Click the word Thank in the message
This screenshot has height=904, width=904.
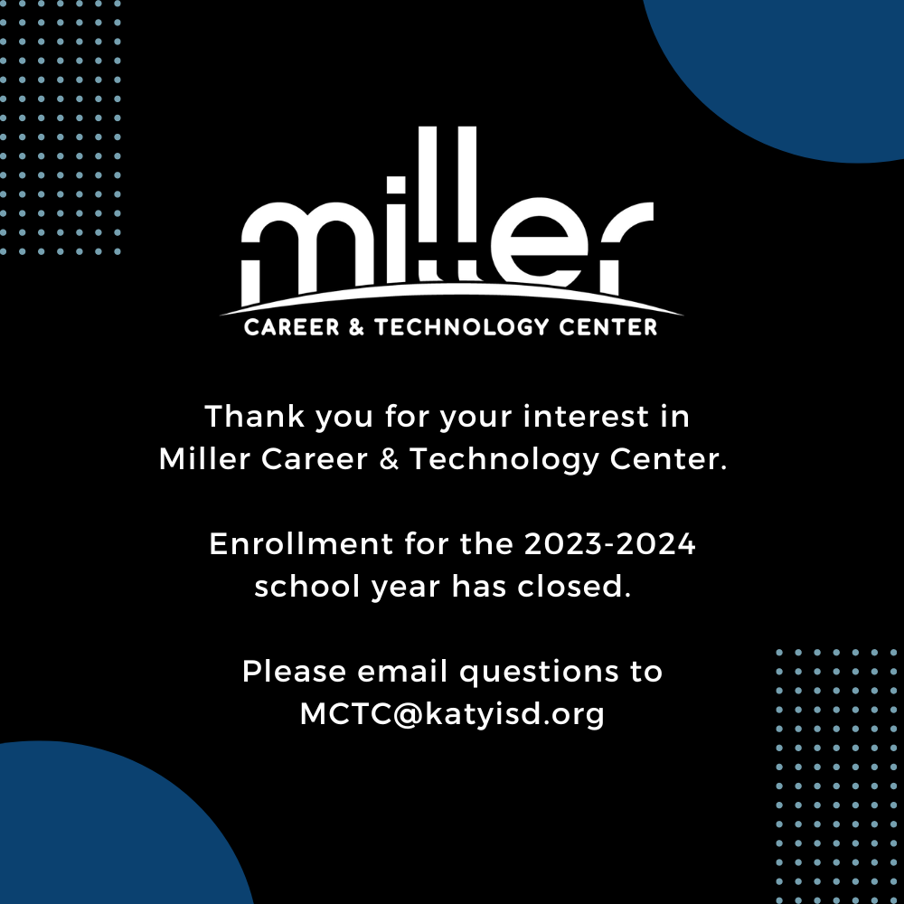click(254, 416)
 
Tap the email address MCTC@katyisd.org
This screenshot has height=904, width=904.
click(452, 714)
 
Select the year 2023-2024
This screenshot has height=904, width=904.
click(609, 543)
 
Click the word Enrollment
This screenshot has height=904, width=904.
click(301, 543)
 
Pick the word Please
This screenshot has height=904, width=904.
click(294, 671)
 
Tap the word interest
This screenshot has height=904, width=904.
click(586, 416)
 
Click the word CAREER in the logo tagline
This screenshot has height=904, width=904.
click(292, 327)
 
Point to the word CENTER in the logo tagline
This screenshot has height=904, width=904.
click(608, 327)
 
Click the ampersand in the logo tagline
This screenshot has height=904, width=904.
click(357, 327)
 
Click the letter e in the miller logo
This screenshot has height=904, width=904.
click(539, 241)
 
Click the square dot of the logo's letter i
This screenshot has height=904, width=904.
click(396, 185)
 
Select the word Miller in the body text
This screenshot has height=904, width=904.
click(204, 459)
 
